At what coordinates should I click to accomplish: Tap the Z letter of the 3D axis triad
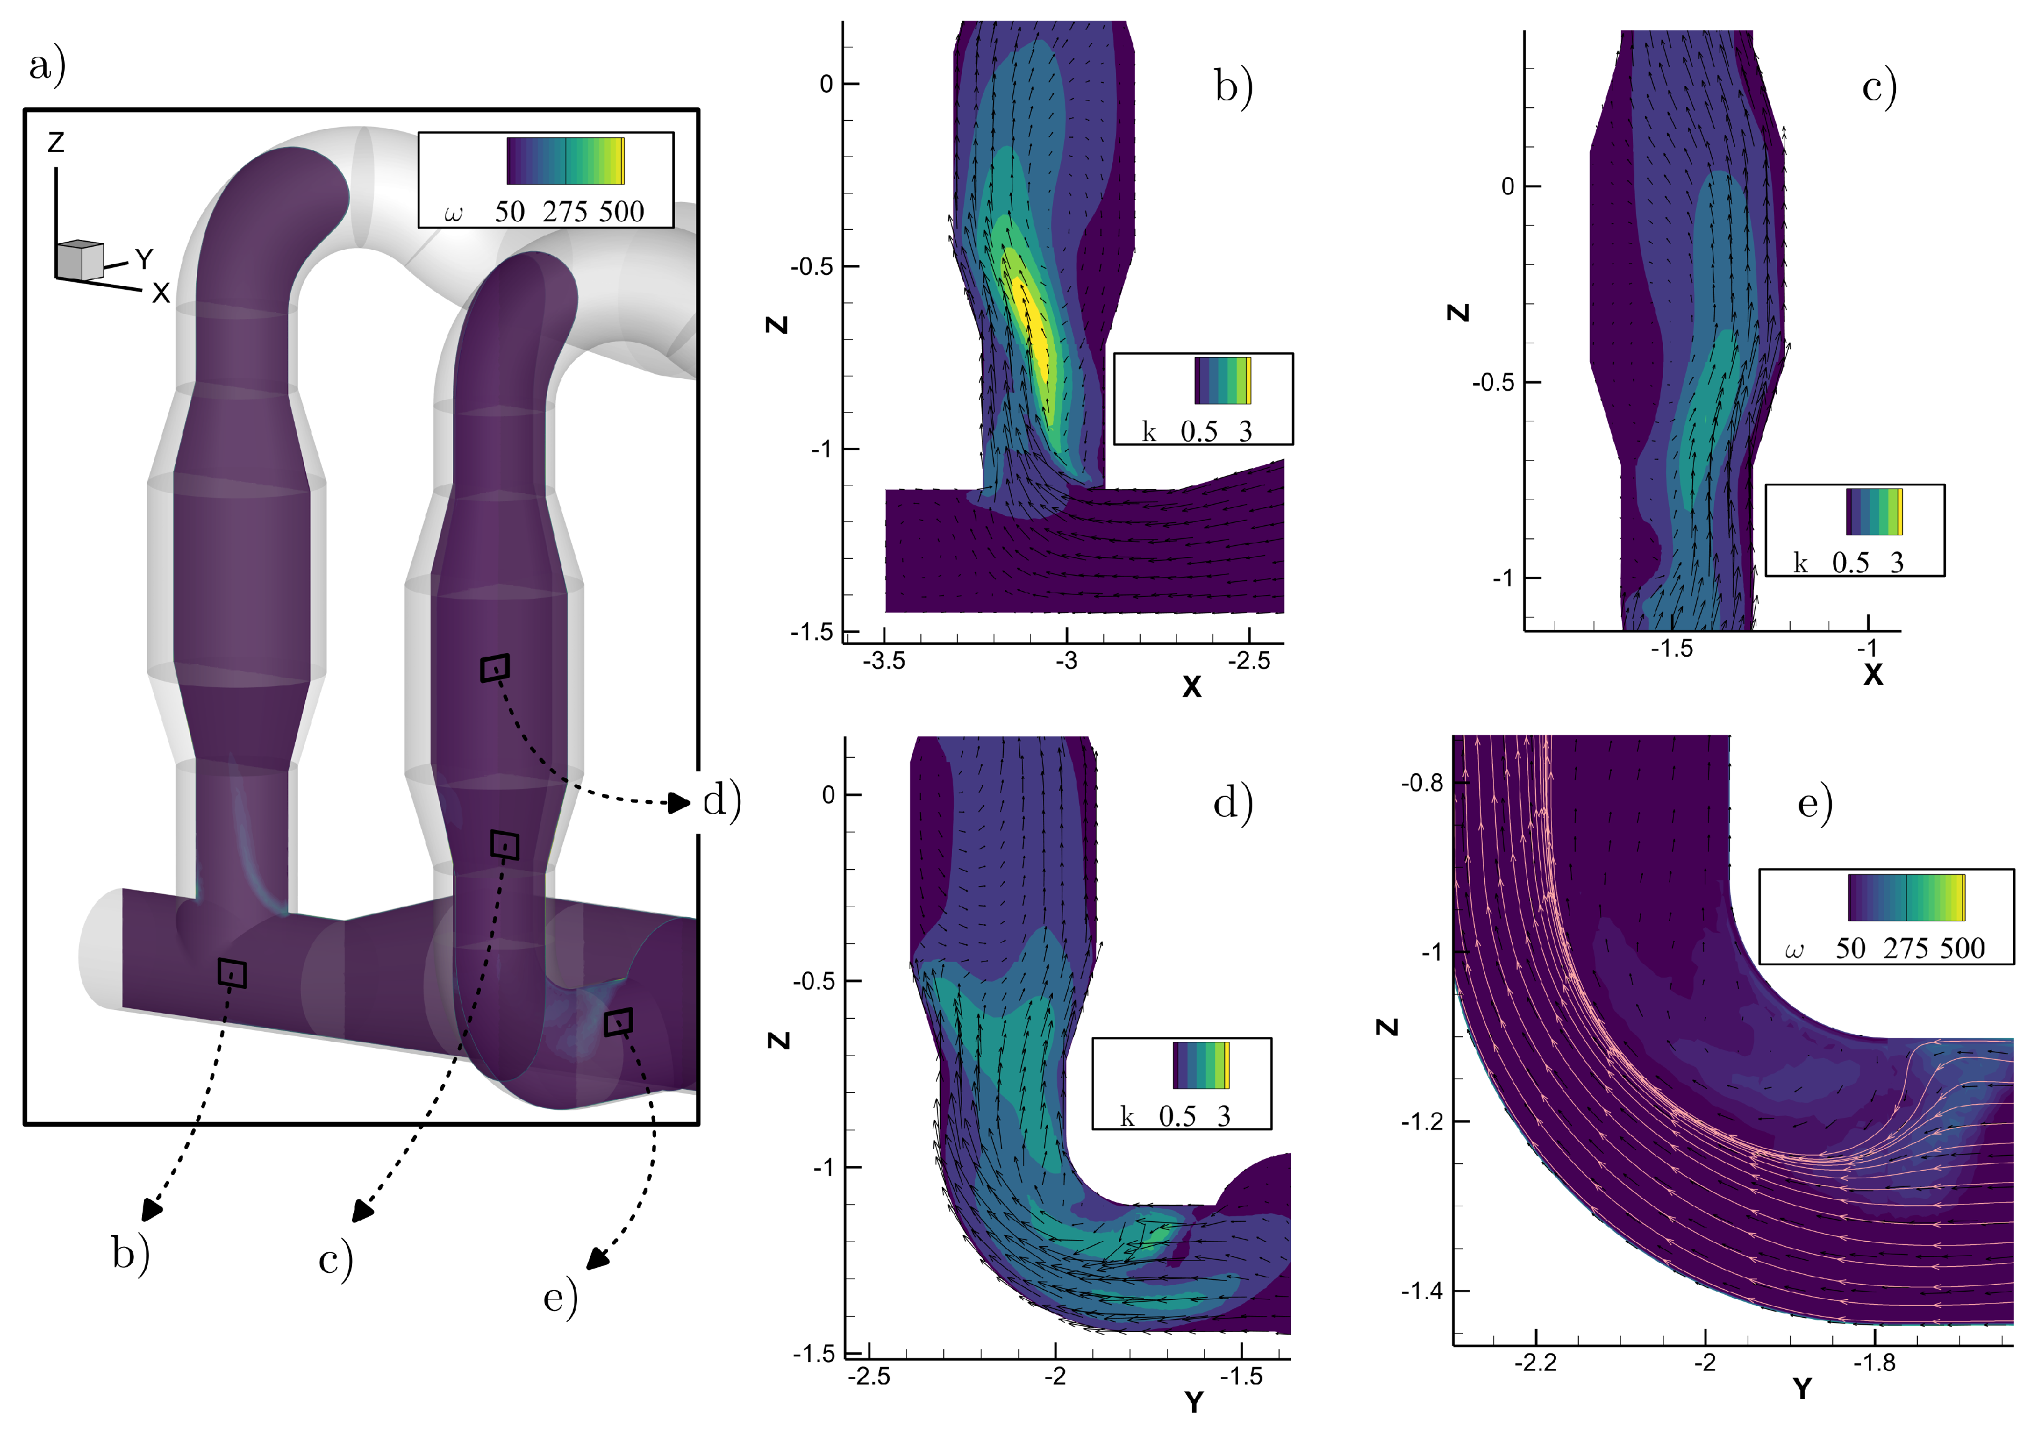click(x=56, y=141)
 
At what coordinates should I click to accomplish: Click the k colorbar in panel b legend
click(x=1222, y=381)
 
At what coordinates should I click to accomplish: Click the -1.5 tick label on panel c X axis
click(x=1671, y=649)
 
